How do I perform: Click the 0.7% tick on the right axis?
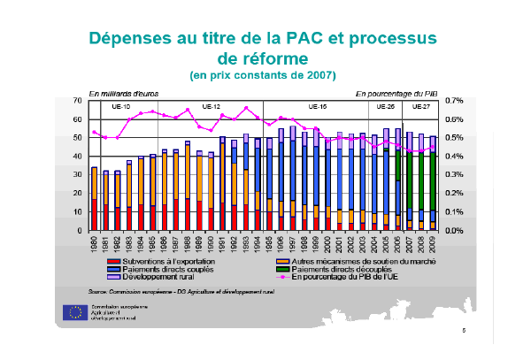tap(455, 101)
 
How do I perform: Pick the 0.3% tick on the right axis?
tap(455, 175)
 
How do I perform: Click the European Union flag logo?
tap(75, 311)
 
